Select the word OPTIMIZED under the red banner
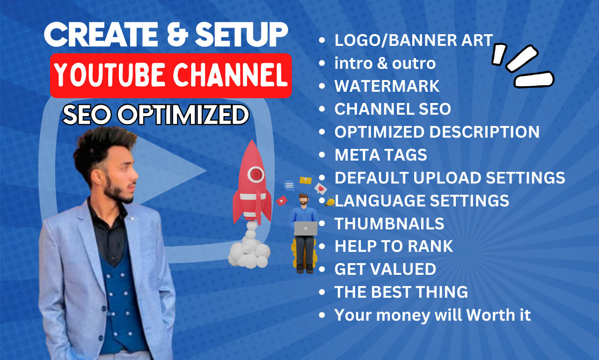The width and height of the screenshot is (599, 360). tap(183, 115)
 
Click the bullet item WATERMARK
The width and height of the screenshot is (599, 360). tap(387, 86)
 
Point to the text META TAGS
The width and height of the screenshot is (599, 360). tap(381, 155)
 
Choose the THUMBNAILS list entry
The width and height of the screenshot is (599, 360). tap(389, 224)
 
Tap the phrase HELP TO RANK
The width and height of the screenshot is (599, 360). tap(394, 246)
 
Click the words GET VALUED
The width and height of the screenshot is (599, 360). tap(385, 269)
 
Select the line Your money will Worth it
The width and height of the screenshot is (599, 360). tap(432, 315)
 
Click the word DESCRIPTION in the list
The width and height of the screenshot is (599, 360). tap(484, 132)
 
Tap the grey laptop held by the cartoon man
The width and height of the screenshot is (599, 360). tap(306, 228)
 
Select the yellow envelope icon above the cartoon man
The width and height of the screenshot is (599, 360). tap(306, 181)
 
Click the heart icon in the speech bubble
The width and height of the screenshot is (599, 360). tap(321, 189)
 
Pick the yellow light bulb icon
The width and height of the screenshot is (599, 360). tap(330, 202)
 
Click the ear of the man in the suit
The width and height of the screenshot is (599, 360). tap(97, 179)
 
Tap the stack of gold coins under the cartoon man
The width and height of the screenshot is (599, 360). tap(304, 254)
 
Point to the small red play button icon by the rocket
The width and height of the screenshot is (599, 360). tap(282, 200)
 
